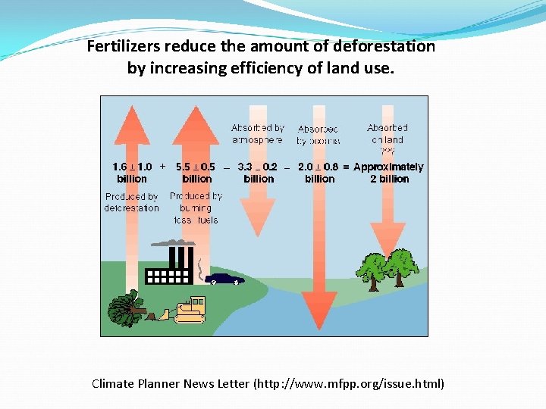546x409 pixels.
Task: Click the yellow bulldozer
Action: click(x=190, y=309)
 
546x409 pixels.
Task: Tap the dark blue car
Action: click(x=224, y=278)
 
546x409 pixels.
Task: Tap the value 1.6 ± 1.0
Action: click(x=132, y=167)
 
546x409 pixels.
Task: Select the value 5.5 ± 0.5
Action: click(x=196, y=167)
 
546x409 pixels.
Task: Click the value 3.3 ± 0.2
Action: click(x=258, y=167)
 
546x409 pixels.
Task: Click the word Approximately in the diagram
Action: click(x=388, y=167)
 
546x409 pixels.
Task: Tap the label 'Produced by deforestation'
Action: click(x=132, y=202)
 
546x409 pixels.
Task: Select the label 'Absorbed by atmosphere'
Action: click(x=258, y=134)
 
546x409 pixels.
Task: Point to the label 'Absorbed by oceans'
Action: click(x=318, y=135)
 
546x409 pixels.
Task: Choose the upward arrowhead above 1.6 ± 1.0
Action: click(x=132, y=121)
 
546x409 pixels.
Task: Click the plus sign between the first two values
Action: click(x=162, y=166)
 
